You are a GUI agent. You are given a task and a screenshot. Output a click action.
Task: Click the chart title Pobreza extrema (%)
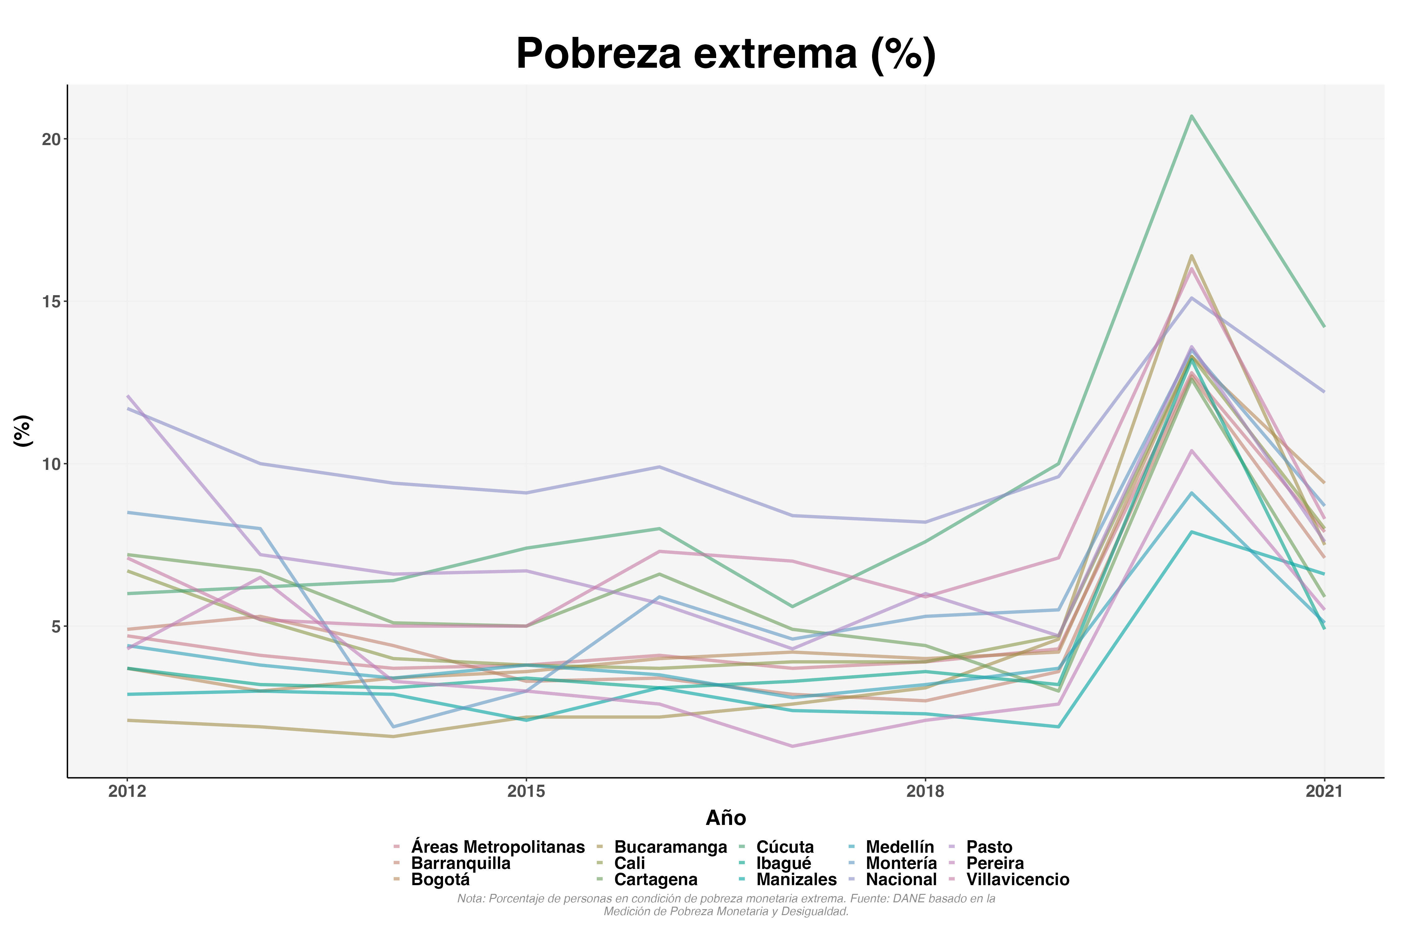[x=726, y=54]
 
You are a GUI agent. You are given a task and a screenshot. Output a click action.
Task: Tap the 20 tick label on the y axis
[x=51, y=139]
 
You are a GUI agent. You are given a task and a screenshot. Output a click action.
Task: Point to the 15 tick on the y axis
[x=51, y=301]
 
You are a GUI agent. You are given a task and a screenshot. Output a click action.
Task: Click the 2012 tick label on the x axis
[x=127, y=792]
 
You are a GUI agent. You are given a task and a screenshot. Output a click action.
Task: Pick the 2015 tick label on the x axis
[x=526, y=792]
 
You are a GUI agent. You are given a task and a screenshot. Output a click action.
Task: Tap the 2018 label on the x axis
[x=925, y=792]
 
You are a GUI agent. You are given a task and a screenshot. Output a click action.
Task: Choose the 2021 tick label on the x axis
[x=1324, y=792]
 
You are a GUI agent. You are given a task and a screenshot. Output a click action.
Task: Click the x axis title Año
[x=726, y=818]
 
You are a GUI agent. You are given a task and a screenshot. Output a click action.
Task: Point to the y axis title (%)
[x=23, y=431]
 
